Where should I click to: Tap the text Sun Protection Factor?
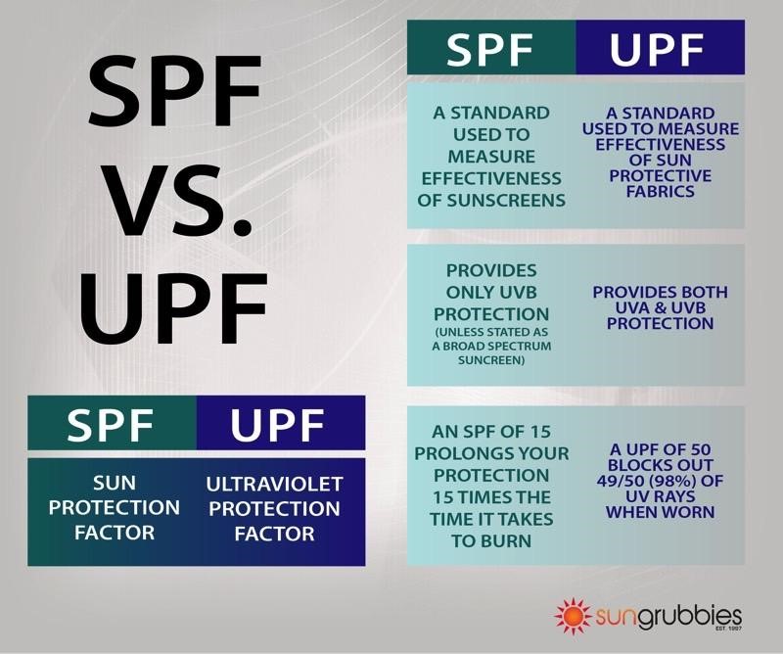click(112, 508)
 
